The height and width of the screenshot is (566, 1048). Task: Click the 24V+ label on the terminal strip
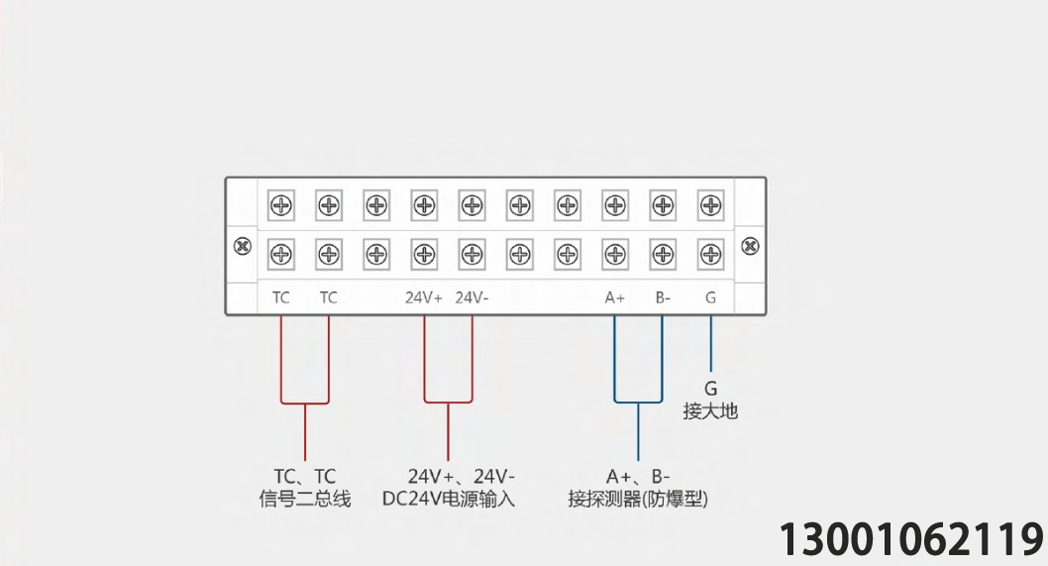[x=424, y=297]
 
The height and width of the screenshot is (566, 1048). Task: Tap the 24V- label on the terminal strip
[x=472, y=297]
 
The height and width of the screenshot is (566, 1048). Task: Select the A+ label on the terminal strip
[x=615, y=297]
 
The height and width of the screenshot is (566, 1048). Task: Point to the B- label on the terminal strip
[x=663, y=297]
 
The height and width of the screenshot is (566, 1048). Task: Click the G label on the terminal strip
[x=710, y=297]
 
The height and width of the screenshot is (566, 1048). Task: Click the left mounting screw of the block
[x=243, y=246]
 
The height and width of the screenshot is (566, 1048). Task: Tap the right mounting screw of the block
[x=751, y=246]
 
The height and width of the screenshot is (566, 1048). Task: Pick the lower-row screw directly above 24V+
[x=424, y=254]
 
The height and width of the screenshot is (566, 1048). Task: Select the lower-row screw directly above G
[x=710, y=254]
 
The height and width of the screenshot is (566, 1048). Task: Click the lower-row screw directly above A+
[x=615, y=254]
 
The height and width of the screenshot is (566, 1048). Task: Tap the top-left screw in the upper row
[x=280, y=205]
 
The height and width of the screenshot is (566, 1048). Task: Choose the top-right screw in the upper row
[x=710, y=205]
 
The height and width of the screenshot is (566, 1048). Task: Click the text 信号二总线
[x=305, y=500]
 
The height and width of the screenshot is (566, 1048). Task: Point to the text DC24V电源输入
[x=449, y=500]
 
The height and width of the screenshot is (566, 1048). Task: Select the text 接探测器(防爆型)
[x=638, y=500]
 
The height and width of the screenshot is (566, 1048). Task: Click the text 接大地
[x=710, y=410]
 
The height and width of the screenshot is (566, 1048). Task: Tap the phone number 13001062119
[x=911, y=538]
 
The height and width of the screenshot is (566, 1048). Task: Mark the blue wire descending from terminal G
[x=710, y=344]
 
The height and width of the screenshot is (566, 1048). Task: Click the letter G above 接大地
[x=710, y=389]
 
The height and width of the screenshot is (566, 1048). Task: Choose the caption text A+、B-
[x=638, y=477]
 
